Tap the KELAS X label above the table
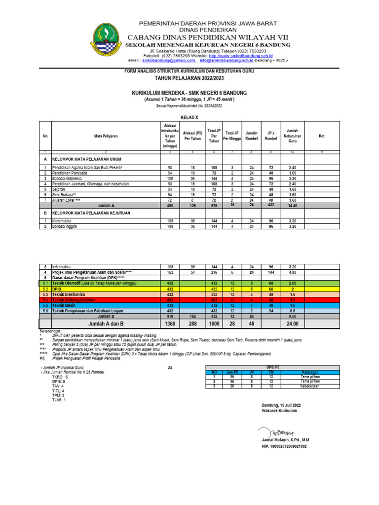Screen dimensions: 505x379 click(189, 117)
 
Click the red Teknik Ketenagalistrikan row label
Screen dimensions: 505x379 click(74, 300)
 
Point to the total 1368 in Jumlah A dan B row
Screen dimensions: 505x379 click(169, 324)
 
